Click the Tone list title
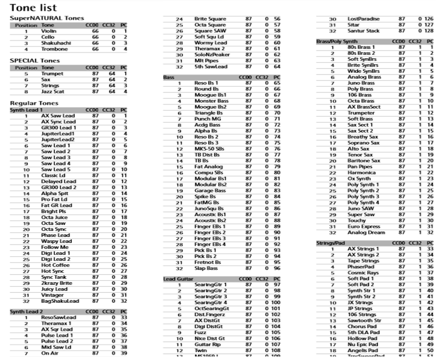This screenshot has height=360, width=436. click(33, 8)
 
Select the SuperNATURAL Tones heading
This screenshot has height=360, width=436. click(47, 18)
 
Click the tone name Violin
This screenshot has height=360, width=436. click(48, 31)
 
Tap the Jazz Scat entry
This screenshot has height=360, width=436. click(53, 92)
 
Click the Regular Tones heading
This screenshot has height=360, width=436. click(34, 103)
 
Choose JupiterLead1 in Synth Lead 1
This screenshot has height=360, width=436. click(58, 134)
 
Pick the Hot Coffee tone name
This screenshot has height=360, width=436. click(55, 265)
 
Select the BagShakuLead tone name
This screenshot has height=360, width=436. click(60, 301)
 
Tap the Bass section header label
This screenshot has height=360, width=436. click(168, 77)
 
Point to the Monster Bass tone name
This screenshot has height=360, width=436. click(211, 101)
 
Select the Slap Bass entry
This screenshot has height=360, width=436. click(206, 268)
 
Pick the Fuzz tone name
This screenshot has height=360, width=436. click(200, 332)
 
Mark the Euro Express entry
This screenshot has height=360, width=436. click(364, 227)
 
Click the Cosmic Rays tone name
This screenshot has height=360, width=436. click(363, 273)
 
